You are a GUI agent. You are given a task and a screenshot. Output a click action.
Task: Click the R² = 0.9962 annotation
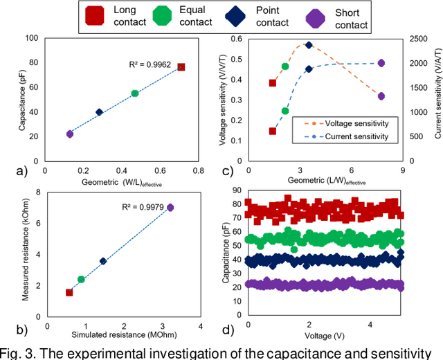pyautogui.click(x=150, y=64)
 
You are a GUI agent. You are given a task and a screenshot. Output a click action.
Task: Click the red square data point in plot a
pyautogui.click(x=181, y=67)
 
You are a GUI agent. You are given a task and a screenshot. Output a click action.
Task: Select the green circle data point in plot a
pyautogui.click(x=135, y=93)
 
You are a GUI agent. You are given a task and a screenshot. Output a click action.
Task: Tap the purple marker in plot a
pyautogui.click(x=70, y=134)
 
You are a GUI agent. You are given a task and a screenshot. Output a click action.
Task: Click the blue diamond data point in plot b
pyautogui.click(x=103, y=261)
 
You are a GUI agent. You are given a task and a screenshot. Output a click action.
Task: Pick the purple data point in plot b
pyautogui.click(x=170, y=207)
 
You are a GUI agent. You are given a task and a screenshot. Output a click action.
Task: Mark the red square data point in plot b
pyautogui.click(x=69, y=292)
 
